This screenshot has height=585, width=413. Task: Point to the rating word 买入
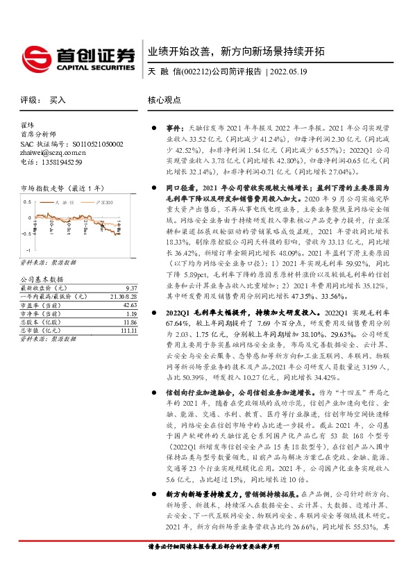click(57, 100)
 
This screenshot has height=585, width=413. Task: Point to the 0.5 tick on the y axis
click(27, 202)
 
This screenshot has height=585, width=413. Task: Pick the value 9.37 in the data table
click(130, 288)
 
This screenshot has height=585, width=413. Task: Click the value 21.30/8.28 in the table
click(122, 296)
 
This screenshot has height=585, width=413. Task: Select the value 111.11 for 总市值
click(127, 331)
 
